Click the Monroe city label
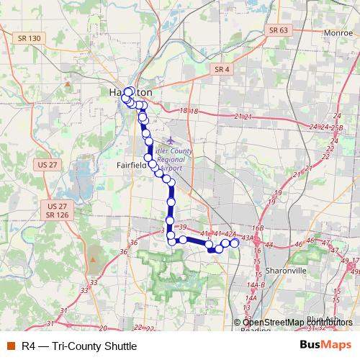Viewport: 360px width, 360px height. pyautogui.click(x=318, y=33)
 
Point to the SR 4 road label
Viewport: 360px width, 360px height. pyautogui.click(x=222, y=69)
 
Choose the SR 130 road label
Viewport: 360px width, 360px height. pyautogui.click(x=30, y=58)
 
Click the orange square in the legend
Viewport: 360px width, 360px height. pyautogui.click(x=11, y=345)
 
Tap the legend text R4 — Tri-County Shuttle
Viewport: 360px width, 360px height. pyautogui.click(x=74, y=345)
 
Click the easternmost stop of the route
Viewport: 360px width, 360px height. pyautogui.click(x=234, y=243)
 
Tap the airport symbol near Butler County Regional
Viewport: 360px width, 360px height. pyautogui.click(x=169, y=140)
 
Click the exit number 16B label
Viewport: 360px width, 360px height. pyautogui.click(x=258, y=228)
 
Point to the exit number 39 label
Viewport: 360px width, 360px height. pyautogui.click(x=182, y=228)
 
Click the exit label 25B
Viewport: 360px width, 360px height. pyautogui.click(x=336, y=127)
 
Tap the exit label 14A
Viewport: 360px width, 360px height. pyautogui.click(x=251, y=297)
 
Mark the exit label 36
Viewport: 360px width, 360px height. pyautogui.click(x=124, y=251)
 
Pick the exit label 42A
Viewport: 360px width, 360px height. pyautogui.click(x=230, y=234)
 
